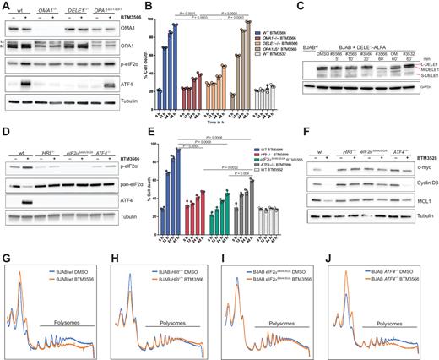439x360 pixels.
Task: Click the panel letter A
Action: [x=5, y=7]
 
